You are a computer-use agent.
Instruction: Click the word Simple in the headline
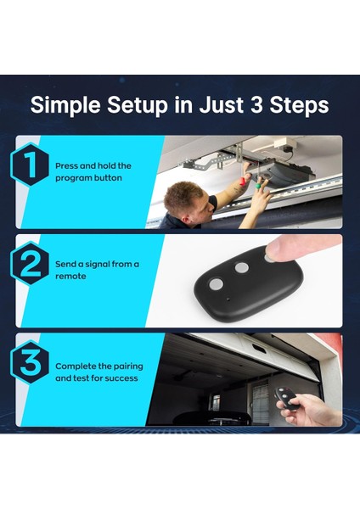pos(65,105)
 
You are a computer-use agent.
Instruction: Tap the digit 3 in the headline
pos(256,104)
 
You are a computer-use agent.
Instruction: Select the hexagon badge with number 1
pos(30,164)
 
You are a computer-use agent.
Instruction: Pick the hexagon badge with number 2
pos(30,263)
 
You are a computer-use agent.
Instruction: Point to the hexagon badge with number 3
pos(30,362)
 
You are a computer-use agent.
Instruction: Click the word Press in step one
pos(66,166)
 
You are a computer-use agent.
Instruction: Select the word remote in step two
pos(70,277)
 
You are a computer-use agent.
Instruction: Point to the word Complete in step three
pos(76,366)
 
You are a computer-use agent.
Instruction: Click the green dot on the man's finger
pos(257,186)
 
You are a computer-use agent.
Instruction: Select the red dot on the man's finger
pos(242,182)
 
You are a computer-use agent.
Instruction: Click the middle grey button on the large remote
pos(242,268)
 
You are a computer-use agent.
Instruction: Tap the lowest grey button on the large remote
pos(216,284)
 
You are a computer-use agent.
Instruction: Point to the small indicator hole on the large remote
pos(228,299)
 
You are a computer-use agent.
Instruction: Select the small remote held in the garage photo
pos(287,398)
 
